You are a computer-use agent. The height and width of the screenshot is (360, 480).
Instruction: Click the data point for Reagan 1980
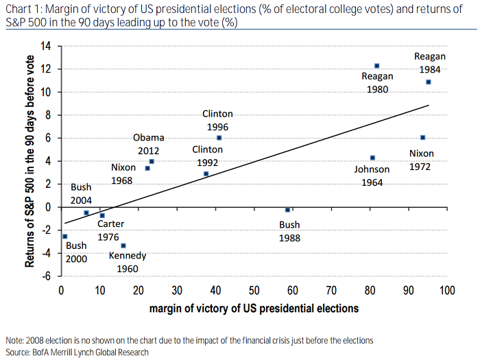coord(376,66)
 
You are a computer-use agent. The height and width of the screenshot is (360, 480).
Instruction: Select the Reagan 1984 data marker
coord(429,82)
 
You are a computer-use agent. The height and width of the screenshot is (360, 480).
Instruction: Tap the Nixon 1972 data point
coord(422,137)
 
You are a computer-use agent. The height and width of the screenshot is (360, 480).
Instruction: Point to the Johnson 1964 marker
coord(372,158)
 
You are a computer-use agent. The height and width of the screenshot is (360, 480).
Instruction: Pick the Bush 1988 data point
coord(287,209)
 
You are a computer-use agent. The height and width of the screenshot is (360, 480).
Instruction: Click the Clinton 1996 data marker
coord(219,138)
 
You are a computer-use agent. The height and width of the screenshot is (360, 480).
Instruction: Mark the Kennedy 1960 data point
coord(123,245)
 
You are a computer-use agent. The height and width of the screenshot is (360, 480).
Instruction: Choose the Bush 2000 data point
coord(64,236)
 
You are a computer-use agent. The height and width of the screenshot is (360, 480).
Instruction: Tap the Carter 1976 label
coord(110,230)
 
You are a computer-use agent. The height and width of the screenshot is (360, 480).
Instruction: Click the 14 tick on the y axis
coord(47,47)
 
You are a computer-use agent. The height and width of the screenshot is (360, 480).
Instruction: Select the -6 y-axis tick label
coord(47,276)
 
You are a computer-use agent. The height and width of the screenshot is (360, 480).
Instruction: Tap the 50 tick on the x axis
coord(254,291)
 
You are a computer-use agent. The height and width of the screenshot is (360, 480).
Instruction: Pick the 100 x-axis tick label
coord(447,291)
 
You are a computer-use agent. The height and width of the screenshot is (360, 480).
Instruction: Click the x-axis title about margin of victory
coord(254,309)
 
